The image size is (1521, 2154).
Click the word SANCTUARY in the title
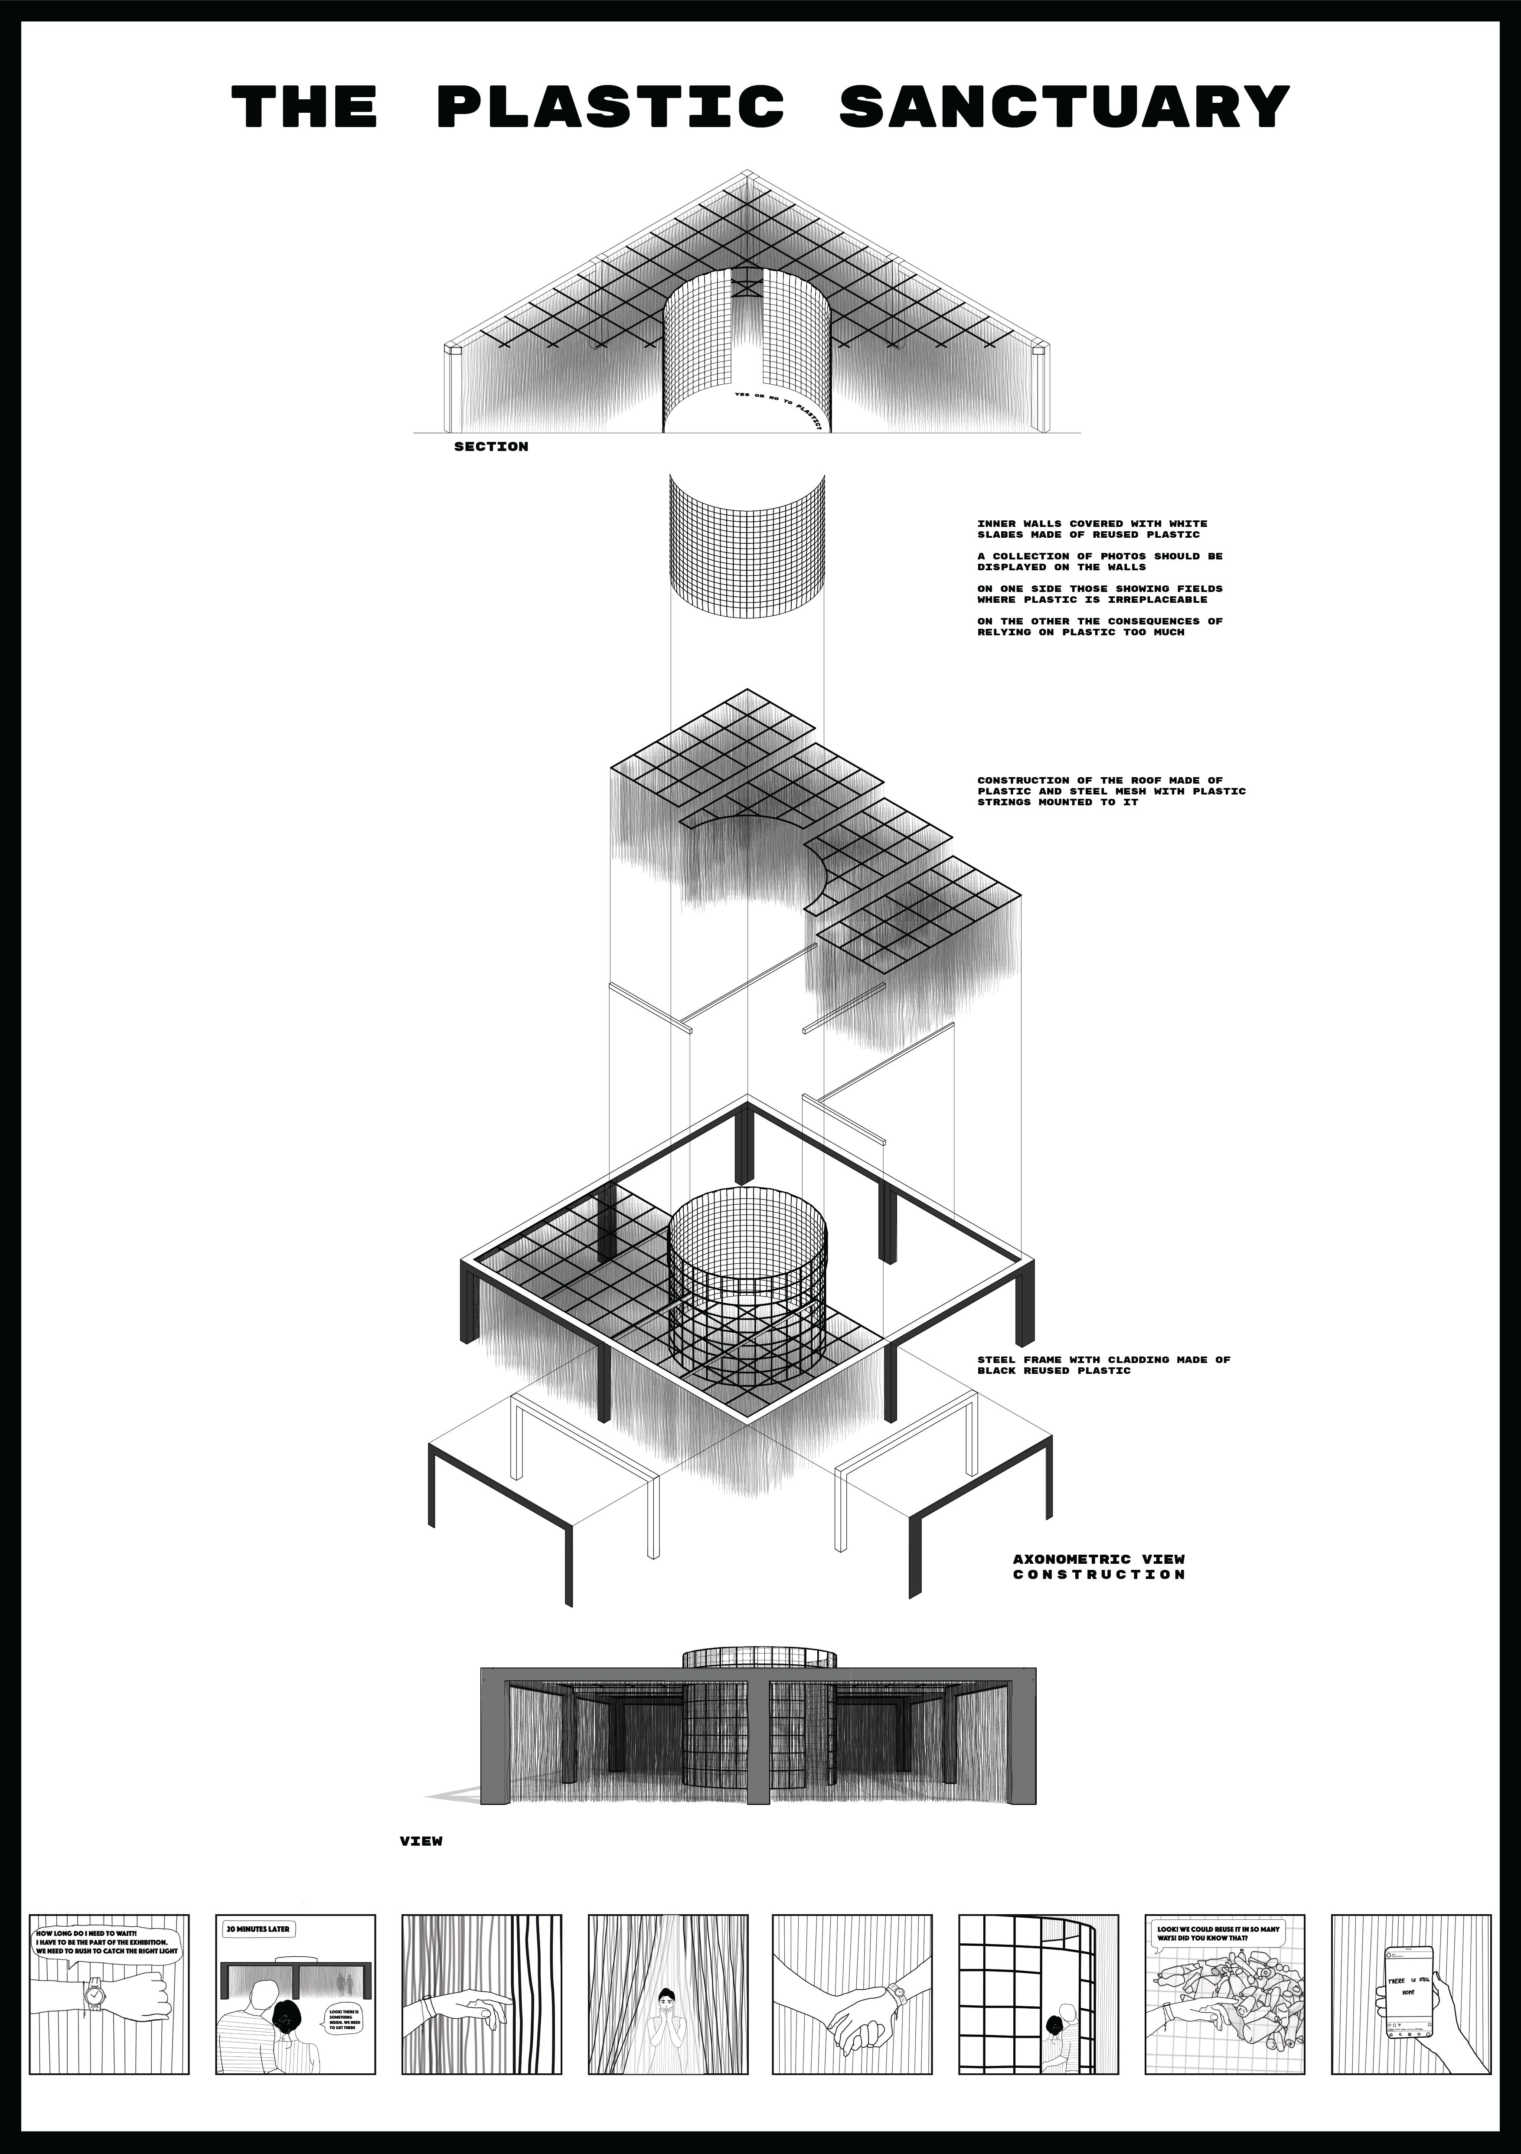(1064, 106)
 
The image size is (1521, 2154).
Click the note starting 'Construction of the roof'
(1111, 791)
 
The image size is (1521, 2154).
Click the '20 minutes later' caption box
(258, 1930)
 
